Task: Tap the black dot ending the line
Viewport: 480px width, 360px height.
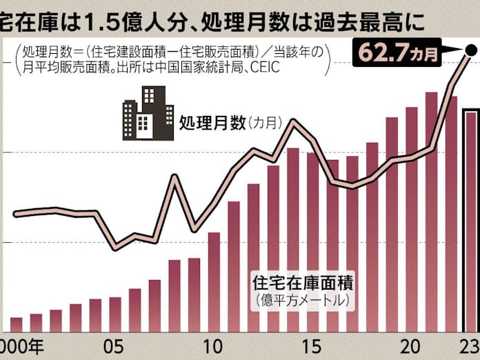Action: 471,49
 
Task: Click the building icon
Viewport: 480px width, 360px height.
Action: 148,114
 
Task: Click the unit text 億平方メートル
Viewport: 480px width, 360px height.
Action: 303,301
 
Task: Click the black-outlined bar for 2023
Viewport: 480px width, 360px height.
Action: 470,221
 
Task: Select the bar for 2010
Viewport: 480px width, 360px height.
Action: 214,283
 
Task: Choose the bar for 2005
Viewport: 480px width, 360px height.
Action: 115,314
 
